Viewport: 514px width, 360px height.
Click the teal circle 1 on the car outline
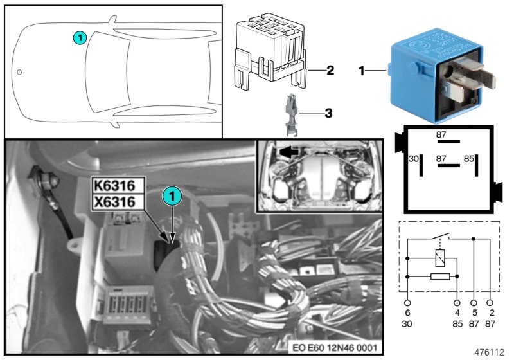click(78, 38)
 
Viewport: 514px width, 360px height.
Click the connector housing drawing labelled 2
click(269, 52)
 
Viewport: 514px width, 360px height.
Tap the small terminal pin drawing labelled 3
click(290, 115)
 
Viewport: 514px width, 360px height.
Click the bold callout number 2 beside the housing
click(330, 69)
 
